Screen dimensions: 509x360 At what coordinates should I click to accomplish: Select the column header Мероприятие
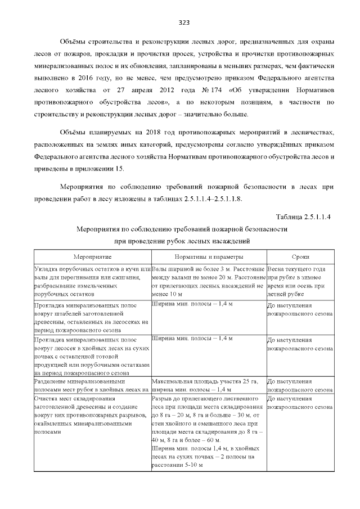tap(92, 256)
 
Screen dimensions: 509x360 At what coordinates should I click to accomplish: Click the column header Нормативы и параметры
tap(208, 256)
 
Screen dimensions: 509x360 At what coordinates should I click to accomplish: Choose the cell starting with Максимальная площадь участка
tap(208, 385)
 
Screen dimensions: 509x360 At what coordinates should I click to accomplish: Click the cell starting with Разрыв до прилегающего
tap(208, 430)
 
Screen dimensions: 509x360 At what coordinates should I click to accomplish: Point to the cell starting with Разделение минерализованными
tap(92, 385)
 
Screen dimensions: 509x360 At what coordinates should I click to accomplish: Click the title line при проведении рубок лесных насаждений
tap(182, 241)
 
